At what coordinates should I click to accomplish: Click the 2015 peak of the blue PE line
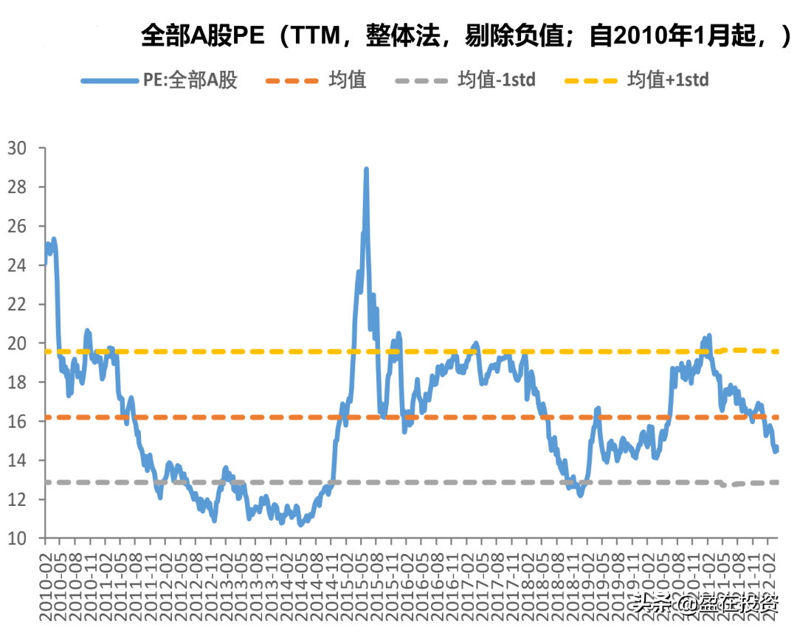tap(366, 170)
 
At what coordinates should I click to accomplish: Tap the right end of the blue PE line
tap(776, 448)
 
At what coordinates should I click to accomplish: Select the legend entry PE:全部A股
tap(190, 80)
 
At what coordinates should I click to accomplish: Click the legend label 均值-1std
tap(496, 80)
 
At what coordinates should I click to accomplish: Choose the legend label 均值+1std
tap(668, 80)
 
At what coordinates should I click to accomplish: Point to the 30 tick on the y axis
tap(16, 148)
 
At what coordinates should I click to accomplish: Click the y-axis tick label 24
tap(16, 265)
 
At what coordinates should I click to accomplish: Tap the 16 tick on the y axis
tap(16, 422)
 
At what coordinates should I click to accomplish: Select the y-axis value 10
tap(16, 539)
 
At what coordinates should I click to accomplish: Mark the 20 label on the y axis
tap(16, 344)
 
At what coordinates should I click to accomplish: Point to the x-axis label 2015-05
tap(362, 583)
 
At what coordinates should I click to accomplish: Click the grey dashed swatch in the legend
tap(421, 80)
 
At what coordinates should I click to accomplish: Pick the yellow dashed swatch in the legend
tap(590, 80)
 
